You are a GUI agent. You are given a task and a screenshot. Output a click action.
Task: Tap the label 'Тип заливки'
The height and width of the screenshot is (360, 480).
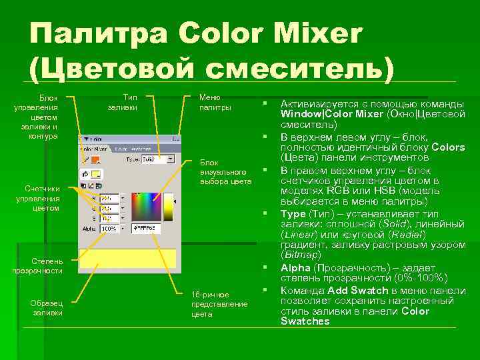123,102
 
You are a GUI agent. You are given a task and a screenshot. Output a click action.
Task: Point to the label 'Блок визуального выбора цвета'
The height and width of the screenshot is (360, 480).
225,171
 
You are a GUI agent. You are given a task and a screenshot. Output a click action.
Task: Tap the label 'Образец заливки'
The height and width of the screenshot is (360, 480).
47,307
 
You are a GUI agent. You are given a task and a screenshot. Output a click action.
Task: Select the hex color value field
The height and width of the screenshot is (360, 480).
148,229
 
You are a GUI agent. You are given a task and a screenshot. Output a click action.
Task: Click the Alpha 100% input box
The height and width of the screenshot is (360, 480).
109,229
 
